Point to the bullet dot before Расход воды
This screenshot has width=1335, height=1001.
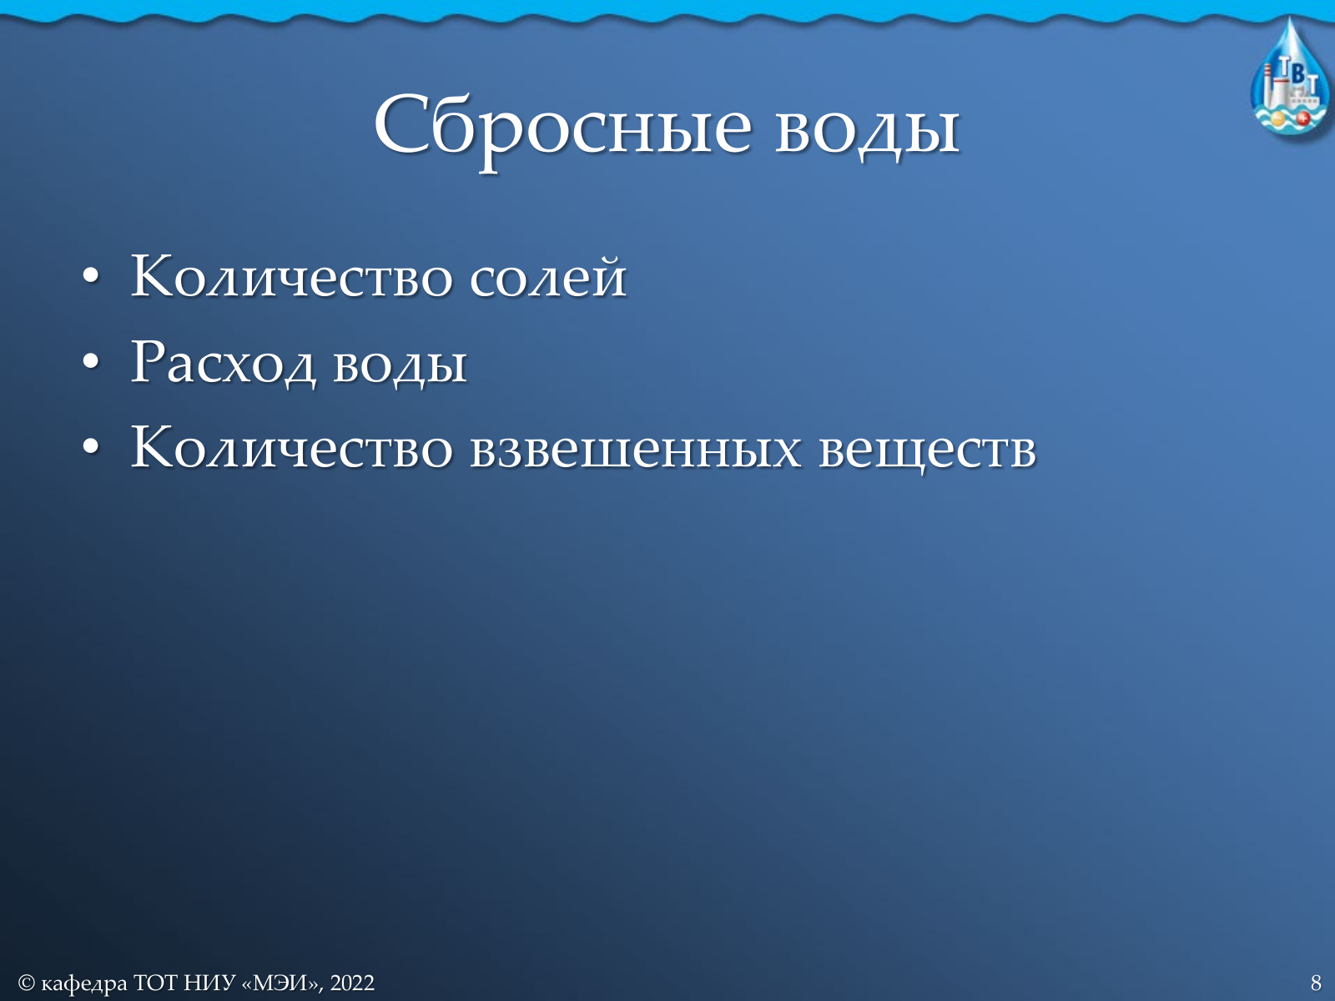click(x=91, y=362)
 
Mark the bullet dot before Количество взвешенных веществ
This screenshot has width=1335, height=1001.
click(x=91, y=447)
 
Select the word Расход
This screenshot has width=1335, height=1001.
click(x=224, y=364)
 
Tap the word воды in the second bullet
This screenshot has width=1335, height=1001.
click(x=400, y=368)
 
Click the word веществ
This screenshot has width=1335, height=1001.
click(x=928, y=453)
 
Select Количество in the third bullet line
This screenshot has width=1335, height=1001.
click(x=292, y=448)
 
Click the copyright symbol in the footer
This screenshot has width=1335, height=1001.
click(x=26, y=982)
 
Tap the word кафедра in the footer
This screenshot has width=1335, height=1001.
click(x=84, y=983)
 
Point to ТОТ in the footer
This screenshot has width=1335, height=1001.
click(x=155, y=982)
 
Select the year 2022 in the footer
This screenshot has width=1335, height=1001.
click(x=352, y=982)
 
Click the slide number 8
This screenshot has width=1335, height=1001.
click(x=1316, y=982)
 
